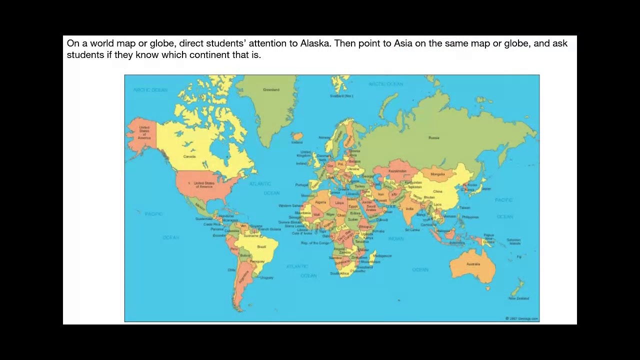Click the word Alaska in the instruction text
(314, 43)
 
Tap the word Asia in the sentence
(403, 43)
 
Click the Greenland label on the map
(271, 90)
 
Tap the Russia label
(433, 137)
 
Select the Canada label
(189, 156)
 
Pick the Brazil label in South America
(261, 246)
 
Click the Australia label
(473, 264)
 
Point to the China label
(437, 191)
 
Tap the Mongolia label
(437, 174)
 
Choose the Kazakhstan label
(397, 171)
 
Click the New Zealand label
(518, 298)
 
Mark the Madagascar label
(382, 255)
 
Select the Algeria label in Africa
(320, 202)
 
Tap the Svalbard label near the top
(341, 95)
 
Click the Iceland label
(297, 142)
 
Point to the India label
(409, 209)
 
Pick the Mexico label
(200, 205)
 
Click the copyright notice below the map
(521, 318)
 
